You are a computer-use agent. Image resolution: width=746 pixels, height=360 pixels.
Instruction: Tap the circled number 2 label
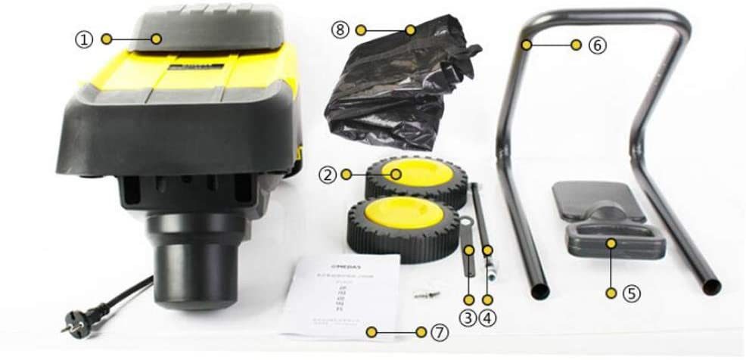[327, 175]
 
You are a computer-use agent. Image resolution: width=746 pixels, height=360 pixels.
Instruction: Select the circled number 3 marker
[469, 318]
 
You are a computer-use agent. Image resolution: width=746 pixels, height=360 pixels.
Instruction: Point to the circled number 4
[489, 318]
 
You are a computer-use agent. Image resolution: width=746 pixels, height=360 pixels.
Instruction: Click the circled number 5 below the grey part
[631, 293]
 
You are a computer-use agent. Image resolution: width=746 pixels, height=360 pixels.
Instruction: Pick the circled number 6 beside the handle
[597, 45]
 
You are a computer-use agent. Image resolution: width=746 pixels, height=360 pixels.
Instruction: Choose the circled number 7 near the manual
[441, 332]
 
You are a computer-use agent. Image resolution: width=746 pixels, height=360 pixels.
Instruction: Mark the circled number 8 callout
[339, 29]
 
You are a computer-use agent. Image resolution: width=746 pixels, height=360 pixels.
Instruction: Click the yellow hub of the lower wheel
[393, 215]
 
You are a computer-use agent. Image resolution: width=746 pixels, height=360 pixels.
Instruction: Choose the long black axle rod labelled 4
[481, 219]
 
